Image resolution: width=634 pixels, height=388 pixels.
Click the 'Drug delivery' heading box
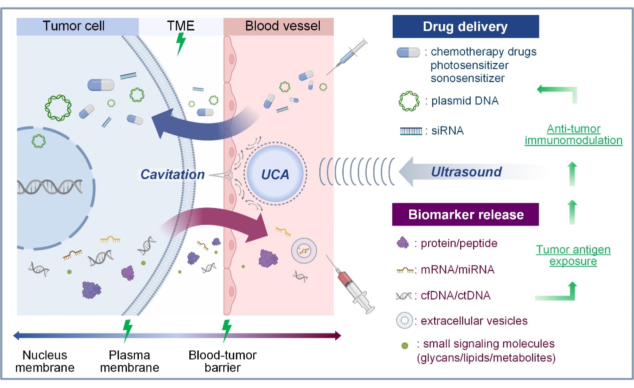(466, 26)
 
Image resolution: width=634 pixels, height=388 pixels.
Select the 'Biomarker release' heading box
(466, 215)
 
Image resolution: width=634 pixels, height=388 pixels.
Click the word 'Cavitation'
(173, 174)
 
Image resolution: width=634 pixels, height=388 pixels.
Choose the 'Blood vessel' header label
(283, 26)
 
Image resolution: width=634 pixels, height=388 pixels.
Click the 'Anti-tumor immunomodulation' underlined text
(573, 134)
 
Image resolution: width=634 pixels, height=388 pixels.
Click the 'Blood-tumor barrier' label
(222, 361)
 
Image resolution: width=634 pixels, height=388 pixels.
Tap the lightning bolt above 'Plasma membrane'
(128, 330)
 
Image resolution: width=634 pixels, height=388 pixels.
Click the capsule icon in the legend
(410, 52)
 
